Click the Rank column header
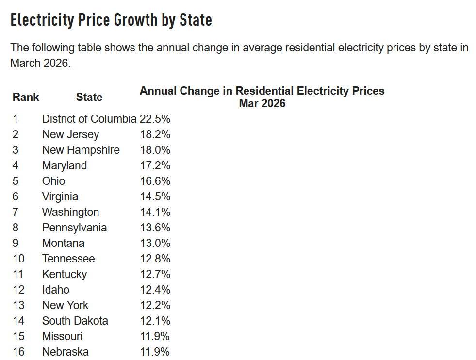[26, 97]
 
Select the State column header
[89, 97]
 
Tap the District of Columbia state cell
[89, 119]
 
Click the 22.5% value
[155, 119]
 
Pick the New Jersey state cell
[70, 134]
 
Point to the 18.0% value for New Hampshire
[155, 150]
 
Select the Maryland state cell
[65, 165]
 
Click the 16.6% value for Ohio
[155, 181]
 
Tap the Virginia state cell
[60, 196]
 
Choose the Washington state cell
[70, 212]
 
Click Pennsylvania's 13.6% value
[155, 228]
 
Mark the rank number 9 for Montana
[16, 243]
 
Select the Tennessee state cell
[68, 259]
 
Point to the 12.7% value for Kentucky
[155, 274]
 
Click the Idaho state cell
[55, 290]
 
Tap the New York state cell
[66, 305]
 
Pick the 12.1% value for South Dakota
[155, 321]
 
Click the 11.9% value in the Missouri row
[155, 336]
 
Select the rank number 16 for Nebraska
[18, 352]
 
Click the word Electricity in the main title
[43, 20]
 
